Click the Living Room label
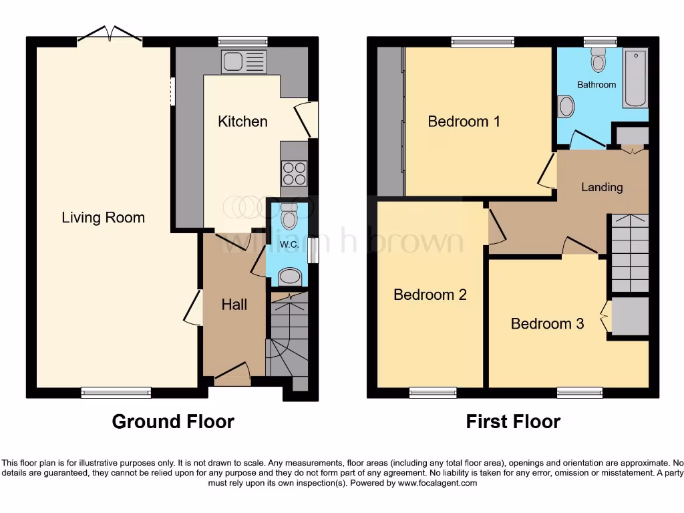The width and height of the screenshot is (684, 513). (103, 217)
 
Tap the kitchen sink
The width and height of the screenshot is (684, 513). (244, 62)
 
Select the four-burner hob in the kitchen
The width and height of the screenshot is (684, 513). (295, 174)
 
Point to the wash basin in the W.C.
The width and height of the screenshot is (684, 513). (289, 276)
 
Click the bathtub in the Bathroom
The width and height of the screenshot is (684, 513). (635, 77)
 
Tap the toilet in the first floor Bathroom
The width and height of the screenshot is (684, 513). (598, 60)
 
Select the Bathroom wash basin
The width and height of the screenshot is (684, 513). (566, 106)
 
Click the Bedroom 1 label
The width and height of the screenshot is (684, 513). (464, 121)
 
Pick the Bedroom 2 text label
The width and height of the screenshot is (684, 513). (430, 295)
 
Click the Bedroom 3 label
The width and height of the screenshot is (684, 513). (547, 323)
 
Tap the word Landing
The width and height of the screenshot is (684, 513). (601, 187)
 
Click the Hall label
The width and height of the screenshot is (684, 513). (234, 305)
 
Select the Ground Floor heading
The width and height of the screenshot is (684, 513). (173, 421)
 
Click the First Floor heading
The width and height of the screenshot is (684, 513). (513, 421)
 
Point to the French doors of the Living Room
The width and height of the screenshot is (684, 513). (110, 35)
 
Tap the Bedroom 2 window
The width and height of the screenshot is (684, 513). (433, 392)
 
